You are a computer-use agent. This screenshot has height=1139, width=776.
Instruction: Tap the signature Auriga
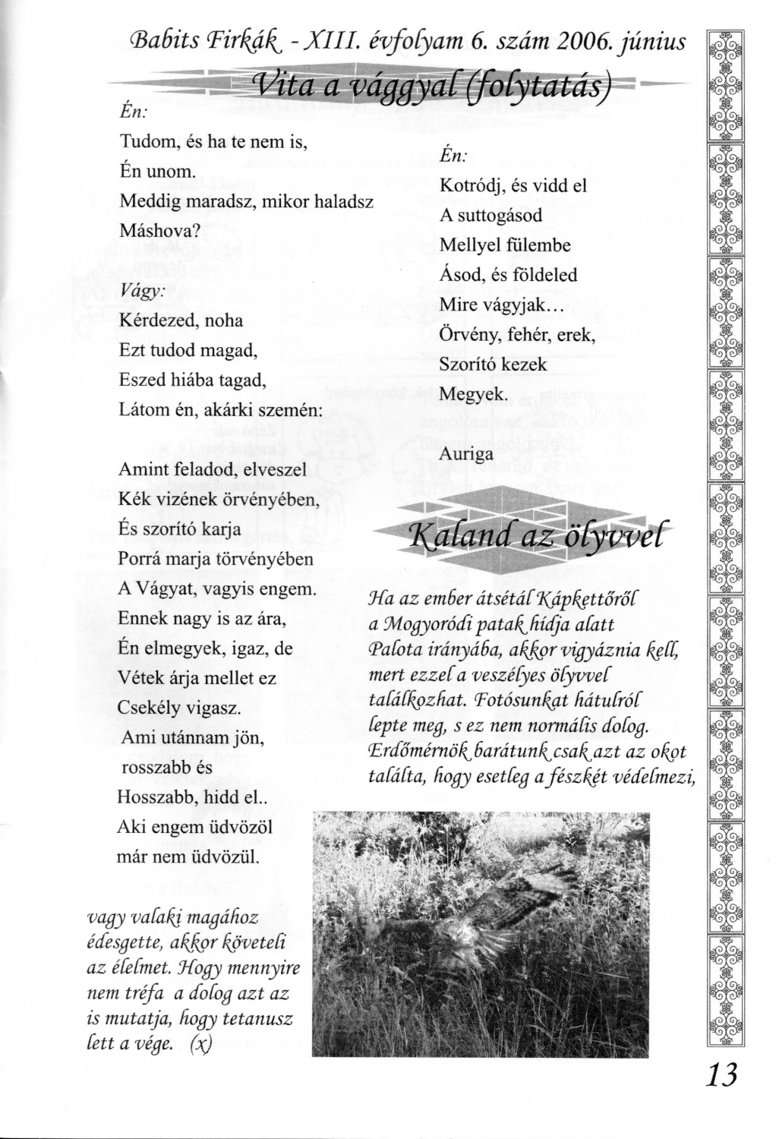[466, 453]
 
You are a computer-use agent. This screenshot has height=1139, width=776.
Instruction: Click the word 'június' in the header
[651, 42]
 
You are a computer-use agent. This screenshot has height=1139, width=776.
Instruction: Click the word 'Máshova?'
[159, 231]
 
